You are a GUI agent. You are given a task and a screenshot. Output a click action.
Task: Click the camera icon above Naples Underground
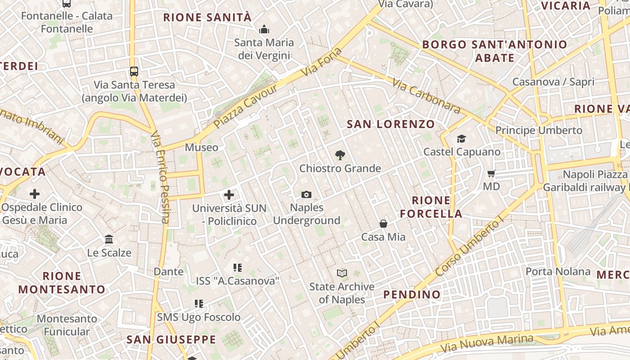click(x=306, y=194)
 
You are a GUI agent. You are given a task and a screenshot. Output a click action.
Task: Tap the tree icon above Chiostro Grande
click(x=340, y=155)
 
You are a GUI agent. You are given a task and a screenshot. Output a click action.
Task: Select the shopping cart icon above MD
click(x=491, y=173)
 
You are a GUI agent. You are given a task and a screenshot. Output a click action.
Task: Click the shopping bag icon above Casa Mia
click(x=383, y=224)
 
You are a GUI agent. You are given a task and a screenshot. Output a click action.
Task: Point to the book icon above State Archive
click(x=342, y=273)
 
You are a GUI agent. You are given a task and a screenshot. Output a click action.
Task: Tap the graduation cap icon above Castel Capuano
click(x=462, y=139)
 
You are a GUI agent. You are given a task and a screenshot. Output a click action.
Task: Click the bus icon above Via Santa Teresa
click(x=134, y=71)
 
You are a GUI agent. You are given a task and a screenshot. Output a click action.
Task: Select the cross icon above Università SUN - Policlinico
click(x=229, y=195)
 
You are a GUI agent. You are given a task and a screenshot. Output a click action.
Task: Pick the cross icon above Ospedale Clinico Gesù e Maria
click(x=35, y=194)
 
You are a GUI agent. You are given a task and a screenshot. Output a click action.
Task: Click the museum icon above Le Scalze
click(x=109, y=239)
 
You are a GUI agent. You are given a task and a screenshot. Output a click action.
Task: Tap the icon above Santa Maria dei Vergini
click(x=264, y=30)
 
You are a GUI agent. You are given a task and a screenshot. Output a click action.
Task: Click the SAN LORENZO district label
click(x=391, y=124)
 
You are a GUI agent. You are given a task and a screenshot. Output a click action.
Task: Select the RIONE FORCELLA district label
click(x=431, y=207)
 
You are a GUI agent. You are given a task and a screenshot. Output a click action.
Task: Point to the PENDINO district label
click(x=412, y=295)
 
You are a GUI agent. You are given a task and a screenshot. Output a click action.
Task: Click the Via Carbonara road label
click(x=426, y=96)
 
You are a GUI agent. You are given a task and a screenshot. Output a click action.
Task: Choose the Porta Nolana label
click(x=558, y=271)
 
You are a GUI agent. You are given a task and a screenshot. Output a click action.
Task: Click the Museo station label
click(x=202, y=148)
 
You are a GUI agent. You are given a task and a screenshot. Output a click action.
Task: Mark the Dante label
click(x=169, y=271)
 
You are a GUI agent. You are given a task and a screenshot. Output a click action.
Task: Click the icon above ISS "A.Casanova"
click(x=238, y=268)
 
